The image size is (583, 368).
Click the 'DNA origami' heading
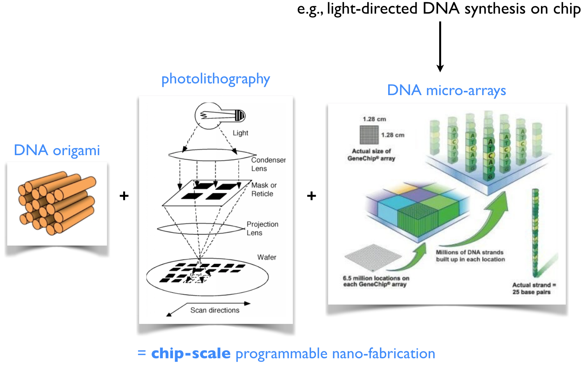tap(57, 150)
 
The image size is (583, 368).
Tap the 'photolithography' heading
tap(216, 79)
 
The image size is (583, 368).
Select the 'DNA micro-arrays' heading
tap(446, 90)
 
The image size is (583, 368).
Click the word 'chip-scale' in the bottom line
tap(191, 353)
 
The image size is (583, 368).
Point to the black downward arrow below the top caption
tap(440, 47)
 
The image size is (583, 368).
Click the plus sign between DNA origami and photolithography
tap(124, 196)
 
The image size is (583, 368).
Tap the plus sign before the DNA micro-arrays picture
tap(311, 196)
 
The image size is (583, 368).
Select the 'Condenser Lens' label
tap(268, 164)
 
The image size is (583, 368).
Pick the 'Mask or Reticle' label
tap(263, 189)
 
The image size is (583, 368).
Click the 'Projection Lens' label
tap(262, 228)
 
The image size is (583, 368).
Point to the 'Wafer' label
tap(267, 257)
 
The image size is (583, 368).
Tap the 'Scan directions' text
tap(215, 310)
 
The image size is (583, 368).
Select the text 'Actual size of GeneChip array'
tap(371, 155)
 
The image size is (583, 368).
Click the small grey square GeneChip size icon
tap(369, 135)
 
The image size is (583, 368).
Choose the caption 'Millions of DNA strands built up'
tap(470, 256)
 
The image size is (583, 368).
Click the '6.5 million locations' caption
tap(376, 281)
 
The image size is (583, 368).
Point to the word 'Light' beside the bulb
tap(240, 133)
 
